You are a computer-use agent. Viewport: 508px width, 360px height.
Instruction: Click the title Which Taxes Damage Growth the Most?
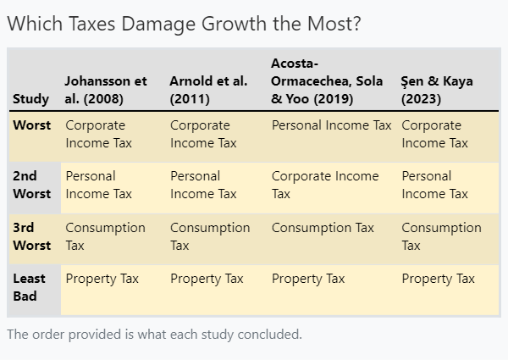coord(184,25)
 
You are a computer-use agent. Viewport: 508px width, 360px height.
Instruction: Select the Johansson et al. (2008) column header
coord(106,90)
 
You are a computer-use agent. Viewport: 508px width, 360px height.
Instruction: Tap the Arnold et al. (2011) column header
coord(208,90)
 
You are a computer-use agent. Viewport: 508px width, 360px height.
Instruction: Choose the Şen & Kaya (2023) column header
coord(437,90)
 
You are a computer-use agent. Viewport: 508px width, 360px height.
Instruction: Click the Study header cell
coord(30,99)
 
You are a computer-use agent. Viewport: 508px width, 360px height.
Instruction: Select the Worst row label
coord(32,125)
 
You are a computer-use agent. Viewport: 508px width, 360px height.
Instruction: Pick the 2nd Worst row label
coord(31,185)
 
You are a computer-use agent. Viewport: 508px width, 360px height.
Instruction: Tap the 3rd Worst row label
coord(32,236)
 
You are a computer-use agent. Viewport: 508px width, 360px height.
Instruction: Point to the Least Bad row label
coord(30,287)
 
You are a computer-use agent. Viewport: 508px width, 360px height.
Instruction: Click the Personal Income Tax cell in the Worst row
coord(331,125)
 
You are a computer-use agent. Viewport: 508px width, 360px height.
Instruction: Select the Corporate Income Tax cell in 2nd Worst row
coord(325,185)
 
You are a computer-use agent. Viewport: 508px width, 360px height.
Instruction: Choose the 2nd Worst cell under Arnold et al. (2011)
coord(203,185)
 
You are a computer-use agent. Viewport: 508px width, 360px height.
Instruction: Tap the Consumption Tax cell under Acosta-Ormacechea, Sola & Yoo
coord(323,228)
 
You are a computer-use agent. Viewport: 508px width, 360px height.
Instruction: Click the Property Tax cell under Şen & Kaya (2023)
coord(438,279)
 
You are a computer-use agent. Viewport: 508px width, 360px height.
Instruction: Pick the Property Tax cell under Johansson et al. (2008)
coord(102,279)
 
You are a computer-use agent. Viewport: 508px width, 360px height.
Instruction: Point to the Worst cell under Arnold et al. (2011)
coord(203,134)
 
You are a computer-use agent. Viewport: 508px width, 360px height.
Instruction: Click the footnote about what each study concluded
coord(154,335)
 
